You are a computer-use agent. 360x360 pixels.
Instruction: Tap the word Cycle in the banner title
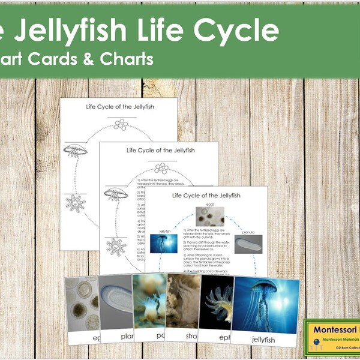(x=235, y=31)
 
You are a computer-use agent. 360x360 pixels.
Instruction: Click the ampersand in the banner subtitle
(x=84, y=59)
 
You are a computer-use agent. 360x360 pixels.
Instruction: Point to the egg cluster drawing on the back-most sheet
(x=121, y=125)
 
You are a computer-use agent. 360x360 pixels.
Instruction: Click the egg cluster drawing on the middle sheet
(x=160, y=169)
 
